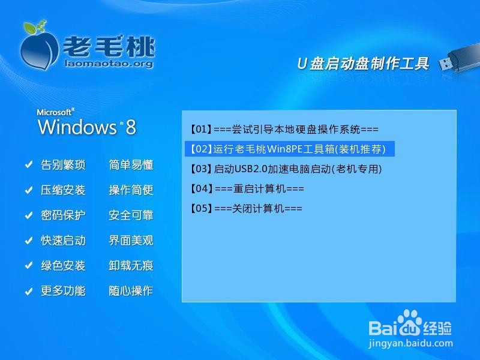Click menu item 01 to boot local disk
click(x=284, y=130)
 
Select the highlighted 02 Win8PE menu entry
click(x=290, y=149)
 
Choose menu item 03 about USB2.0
click(x=286, y=169)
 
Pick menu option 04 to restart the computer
click(x=247, y=188)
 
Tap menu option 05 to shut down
click(x=246, y=208)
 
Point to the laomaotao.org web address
click(x=109, y=64)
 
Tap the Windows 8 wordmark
click(x=87, y=127)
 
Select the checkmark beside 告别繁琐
click(x=29, y=164)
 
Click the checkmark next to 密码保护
click(x=29, y=215)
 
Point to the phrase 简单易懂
click(x=131, y=164)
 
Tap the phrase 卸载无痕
click(x=131, y=265)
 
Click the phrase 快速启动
click(x=63, y=241)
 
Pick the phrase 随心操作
click(x=131, y=290)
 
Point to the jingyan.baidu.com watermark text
click(x=410, y=343)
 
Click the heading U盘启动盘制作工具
click(x=363, y=64)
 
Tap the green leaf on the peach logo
click(x=30, y=28)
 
